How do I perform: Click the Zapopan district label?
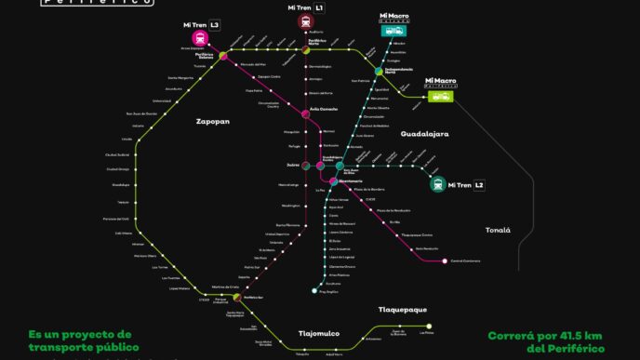click(x=212, y=122)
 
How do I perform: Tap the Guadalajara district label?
click(x=424, y=134)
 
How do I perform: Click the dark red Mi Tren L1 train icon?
click(x=306, y=21)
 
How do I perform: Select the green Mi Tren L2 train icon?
click(x=437, y=184)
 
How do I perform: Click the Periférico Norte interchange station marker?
click(x=305, y=50)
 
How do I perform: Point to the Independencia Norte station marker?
click(x=380, y=71)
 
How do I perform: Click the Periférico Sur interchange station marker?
click(x=248, y=298)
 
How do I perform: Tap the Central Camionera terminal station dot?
click(x=445, y=260)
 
